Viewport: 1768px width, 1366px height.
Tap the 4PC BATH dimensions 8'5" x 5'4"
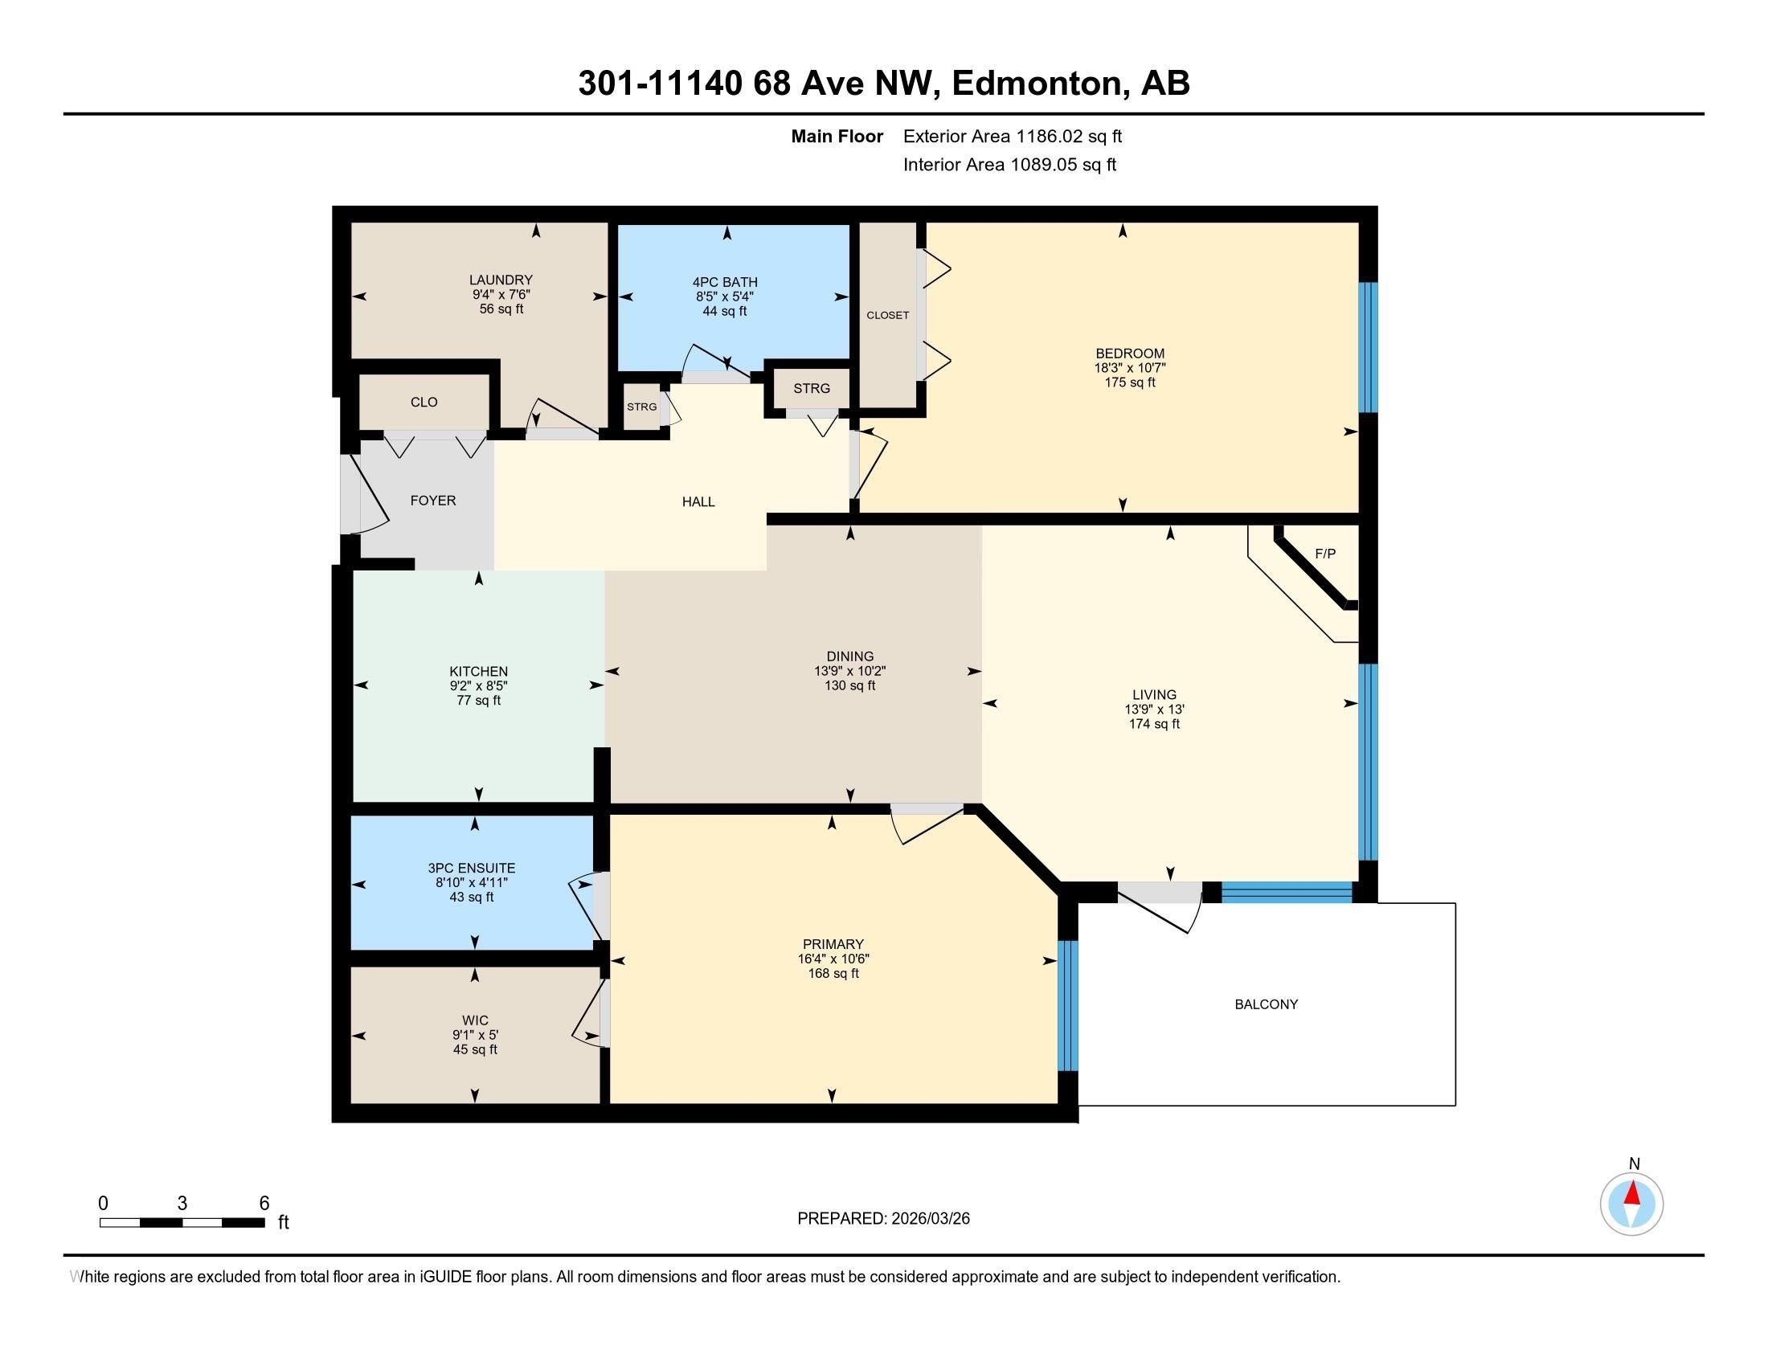coord(725,297)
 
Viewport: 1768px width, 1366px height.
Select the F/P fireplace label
coord(1325,554)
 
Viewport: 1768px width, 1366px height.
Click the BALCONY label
coord(1266,1004)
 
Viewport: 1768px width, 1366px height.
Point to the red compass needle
coord(1632,1193)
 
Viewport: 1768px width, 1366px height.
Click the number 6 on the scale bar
coord(264,1204)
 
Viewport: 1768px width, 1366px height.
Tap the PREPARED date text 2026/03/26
coord(929,1219)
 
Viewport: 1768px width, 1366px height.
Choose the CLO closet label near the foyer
coord(424,403)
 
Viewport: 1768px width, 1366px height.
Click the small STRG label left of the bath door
coord(641,407)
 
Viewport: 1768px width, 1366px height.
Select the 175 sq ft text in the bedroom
coord(1129,382)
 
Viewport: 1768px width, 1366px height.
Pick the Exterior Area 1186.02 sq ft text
coord(1012,137)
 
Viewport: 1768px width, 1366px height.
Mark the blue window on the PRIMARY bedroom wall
coord(1068,1004)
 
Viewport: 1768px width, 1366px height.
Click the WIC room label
coord(475,1020)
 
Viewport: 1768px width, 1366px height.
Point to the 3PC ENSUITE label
coord(471,868)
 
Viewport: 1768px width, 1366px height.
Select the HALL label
coord(698,501)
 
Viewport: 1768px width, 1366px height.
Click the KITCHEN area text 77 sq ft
coord(478,700)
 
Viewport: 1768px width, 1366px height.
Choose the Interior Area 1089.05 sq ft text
coord(1009,165)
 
